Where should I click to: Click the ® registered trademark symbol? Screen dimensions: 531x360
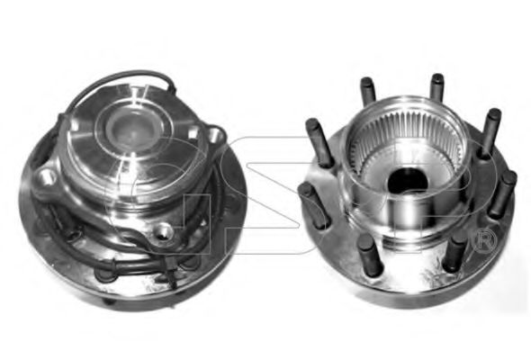(x=485, y=241)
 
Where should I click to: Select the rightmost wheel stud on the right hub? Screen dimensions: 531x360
(x=503, y=193)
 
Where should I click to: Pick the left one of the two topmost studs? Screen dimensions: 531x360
(x=368, y=91)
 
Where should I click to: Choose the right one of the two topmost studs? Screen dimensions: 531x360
(x=436, y=87)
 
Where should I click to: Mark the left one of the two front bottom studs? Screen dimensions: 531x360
(x=371, y=254)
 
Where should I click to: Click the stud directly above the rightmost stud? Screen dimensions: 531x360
(x=490, y=132)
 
